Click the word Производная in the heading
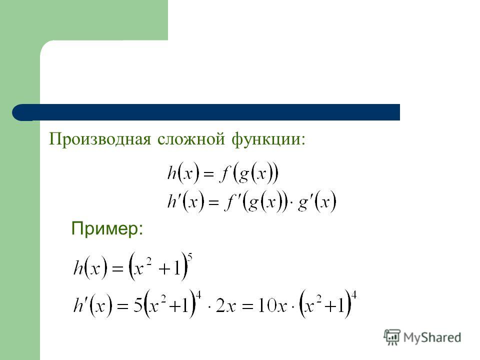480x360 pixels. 100,139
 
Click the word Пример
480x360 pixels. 104,228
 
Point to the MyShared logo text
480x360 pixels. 432,337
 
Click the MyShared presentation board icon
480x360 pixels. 391,337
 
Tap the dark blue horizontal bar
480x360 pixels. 206,112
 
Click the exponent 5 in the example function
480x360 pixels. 189,257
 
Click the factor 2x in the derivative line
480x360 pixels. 226,305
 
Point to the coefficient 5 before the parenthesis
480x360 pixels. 138,305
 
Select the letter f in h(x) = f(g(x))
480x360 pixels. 224,173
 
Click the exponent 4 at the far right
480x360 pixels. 353,295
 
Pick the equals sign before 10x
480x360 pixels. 246,306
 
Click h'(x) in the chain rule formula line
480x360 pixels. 185,201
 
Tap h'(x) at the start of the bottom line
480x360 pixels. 93,305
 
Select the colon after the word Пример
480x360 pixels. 140,230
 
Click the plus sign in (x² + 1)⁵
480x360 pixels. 164,269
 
